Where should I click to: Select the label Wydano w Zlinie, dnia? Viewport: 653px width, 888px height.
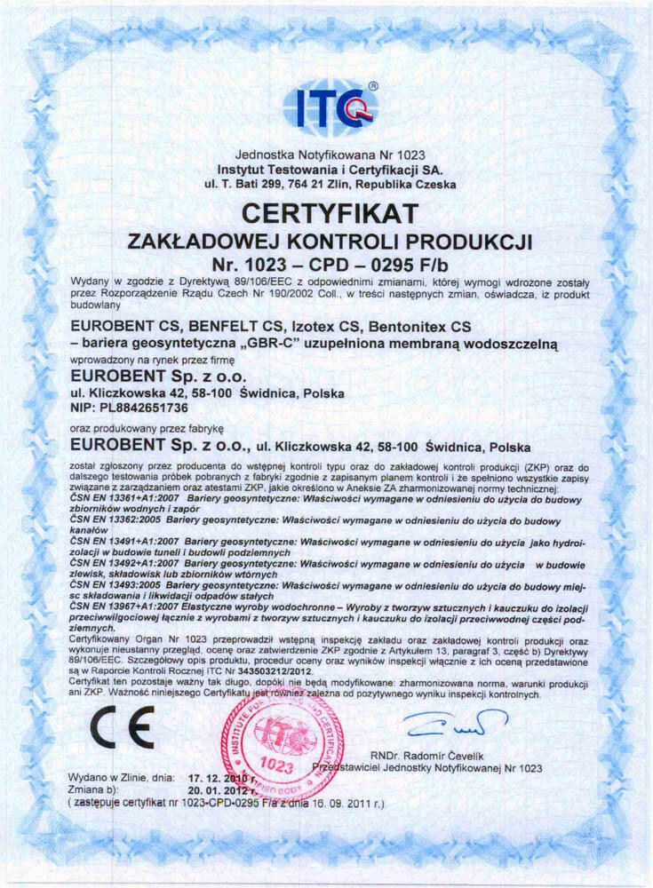(121, 778)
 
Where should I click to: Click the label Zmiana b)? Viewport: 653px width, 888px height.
(94, 789)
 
